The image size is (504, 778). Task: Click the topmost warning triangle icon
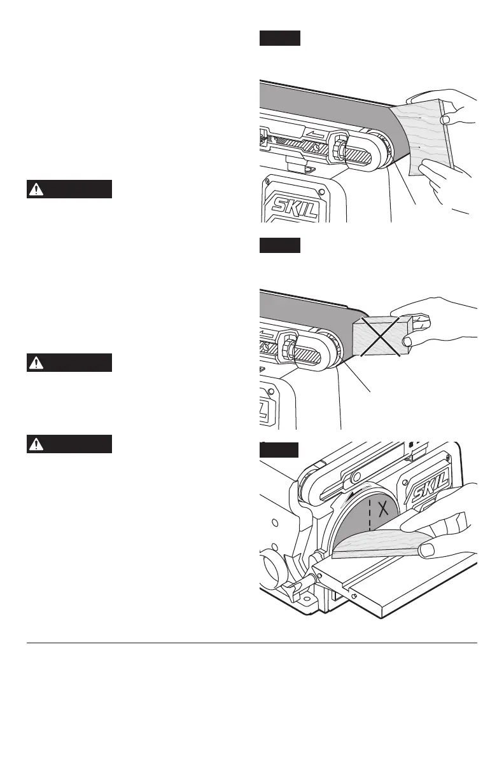[38, 189]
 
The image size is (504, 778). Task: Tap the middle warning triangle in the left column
[38, 362]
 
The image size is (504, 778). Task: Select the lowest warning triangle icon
[38, 444]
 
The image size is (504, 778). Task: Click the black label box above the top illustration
[279, 38]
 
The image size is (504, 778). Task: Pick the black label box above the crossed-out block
[279, 245]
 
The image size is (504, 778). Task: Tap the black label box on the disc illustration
[279, 450]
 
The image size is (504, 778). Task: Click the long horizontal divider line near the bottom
[252, 643]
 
